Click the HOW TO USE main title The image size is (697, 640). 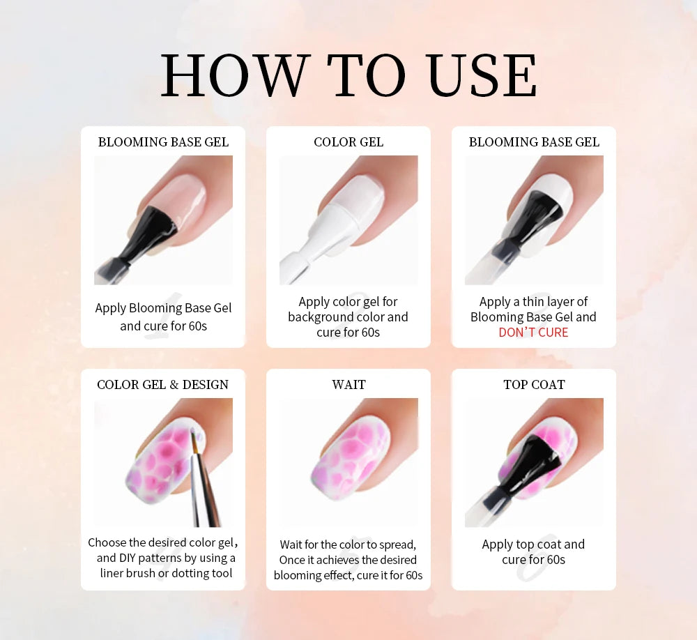[348, 75]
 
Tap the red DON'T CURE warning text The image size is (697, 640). [533, 333]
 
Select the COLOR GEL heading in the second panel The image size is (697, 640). [348, 142]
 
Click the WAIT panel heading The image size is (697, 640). [348, 385]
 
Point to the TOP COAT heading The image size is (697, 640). [534, 385]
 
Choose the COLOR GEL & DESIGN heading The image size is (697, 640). [162, 385]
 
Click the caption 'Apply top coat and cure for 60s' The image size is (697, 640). [533, 552]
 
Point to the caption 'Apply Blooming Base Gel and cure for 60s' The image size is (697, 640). [163, 317]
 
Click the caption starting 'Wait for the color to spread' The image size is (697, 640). [348, 560]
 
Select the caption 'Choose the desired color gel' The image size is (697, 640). [163, 558]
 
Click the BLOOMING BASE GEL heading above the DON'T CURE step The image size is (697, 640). [534, 142]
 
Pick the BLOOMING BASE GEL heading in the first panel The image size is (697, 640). [163, 142]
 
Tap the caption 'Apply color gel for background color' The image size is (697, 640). [348, 317]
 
